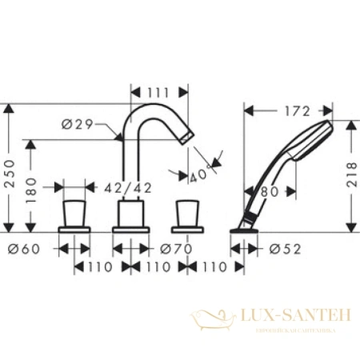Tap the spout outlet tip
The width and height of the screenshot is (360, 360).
(186, 141)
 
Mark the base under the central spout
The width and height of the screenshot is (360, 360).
(130, 230)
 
